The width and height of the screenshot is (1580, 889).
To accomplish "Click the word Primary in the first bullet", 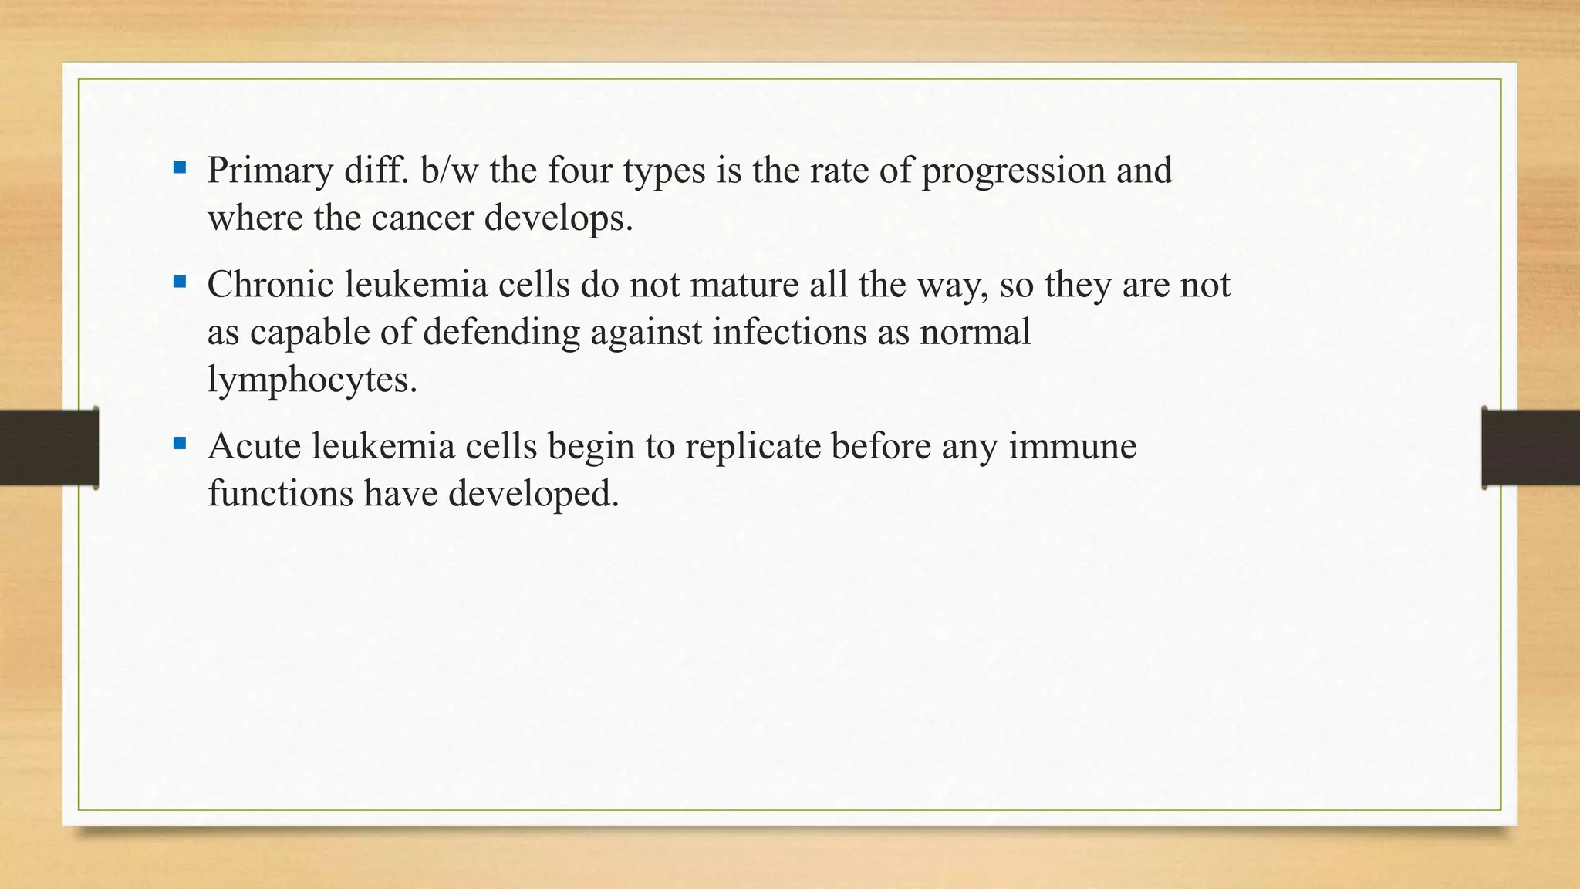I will point(269,171).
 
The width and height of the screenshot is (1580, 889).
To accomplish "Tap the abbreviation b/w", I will point(450,170).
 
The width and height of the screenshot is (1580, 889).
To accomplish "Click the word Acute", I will point(254,446).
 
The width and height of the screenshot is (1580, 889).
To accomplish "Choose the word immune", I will point(1072,446).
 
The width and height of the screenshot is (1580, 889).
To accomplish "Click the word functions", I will point(280,494).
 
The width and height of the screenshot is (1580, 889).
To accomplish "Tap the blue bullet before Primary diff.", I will point(180,167).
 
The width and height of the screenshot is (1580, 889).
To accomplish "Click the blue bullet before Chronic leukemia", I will point(180,282).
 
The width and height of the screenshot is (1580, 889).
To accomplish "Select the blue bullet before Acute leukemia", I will point(180,443).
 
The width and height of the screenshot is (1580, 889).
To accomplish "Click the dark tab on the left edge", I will point(49,448).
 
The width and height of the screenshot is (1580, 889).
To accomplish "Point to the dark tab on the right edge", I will point(1531,448).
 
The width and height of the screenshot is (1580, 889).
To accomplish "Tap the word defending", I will point(501,333).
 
